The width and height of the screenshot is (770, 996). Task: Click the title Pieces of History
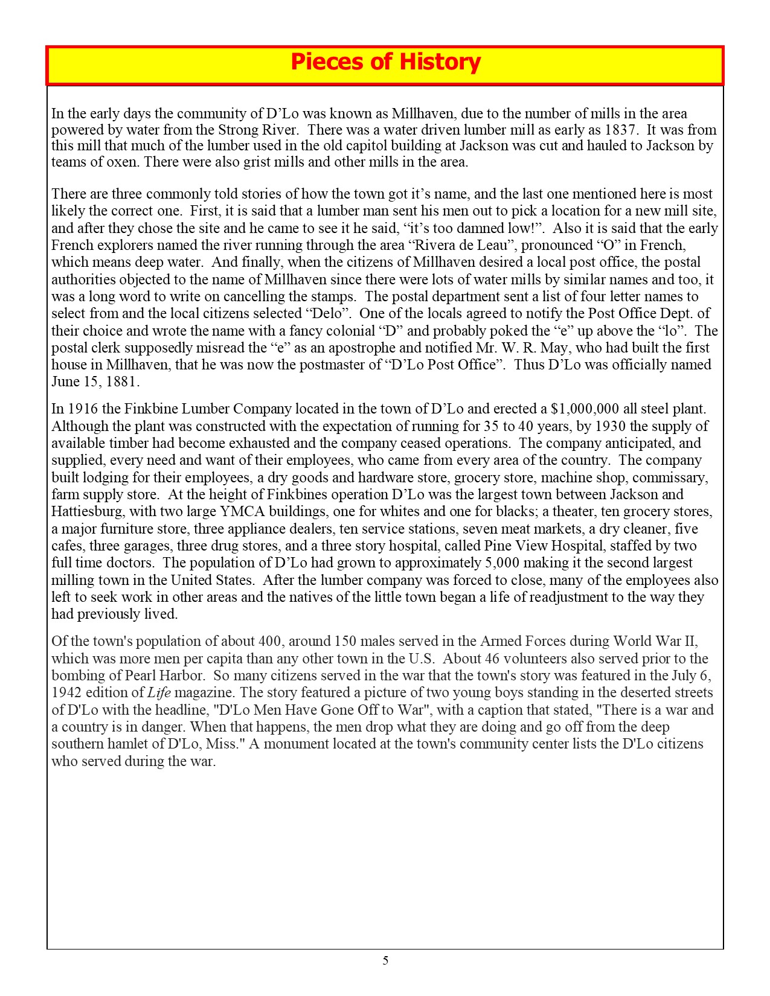point(385,62)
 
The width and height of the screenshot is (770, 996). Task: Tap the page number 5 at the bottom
point(385,960)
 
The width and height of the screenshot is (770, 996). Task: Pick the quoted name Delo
point(326,314)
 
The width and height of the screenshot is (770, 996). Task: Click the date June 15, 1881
point(95,382)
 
